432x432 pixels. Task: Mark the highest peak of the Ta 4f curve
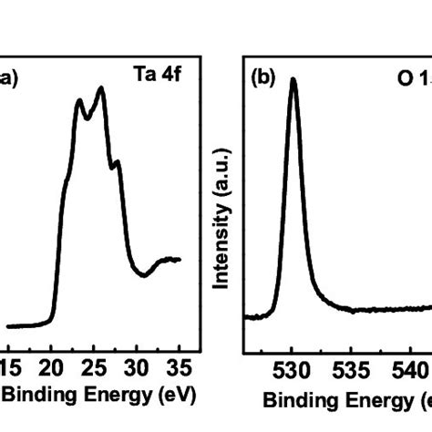coord(101,88)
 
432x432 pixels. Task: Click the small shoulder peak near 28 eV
coord(116,162)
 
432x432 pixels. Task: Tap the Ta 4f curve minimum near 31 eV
coord(143,274)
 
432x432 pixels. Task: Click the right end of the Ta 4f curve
coord(180,260)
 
